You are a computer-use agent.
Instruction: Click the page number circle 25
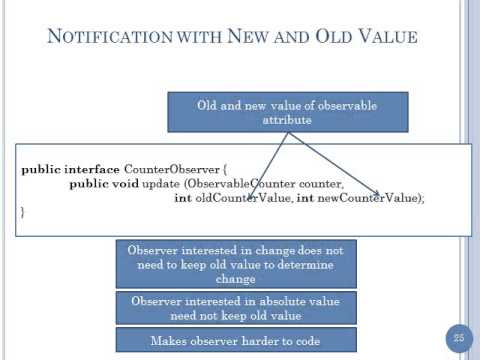[x=459, y=337]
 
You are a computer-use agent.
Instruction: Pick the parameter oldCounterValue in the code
[x=242, y=198]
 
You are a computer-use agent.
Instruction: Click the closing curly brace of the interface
[x=23, y=213]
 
